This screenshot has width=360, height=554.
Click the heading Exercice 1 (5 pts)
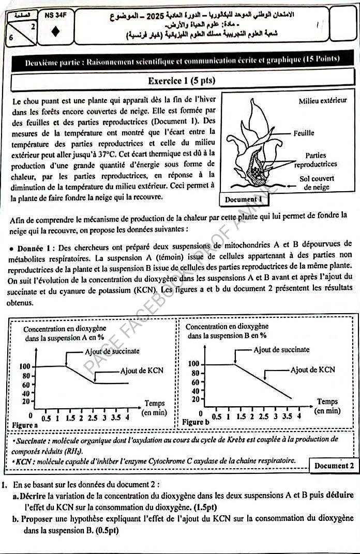(181, 81)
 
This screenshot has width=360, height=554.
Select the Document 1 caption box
(245, 199)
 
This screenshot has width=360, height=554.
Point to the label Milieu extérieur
(323, 101)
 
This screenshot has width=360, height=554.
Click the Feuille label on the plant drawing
(304, 133)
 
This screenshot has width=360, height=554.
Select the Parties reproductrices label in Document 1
(316, 160)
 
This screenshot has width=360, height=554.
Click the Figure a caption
(25, 424)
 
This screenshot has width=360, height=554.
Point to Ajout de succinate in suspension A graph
(112, 351)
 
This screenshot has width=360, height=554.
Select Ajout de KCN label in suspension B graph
(312, 370)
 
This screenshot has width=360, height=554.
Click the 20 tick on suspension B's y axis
(196, 399)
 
